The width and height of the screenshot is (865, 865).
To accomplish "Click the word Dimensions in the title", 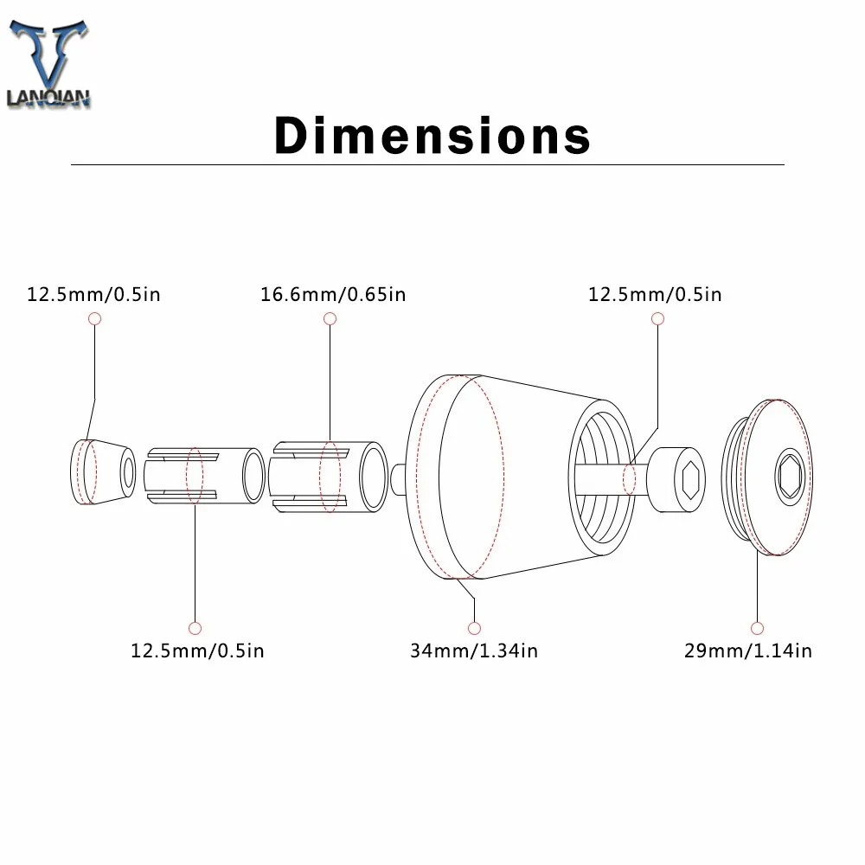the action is (432, 135).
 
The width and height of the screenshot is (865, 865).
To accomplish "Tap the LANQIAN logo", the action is (48, 63).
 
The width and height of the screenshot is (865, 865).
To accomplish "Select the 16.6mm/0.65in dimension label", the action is (333, 295).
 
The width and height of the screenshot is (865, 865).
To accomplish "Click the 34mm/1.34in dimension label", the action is (474, 651).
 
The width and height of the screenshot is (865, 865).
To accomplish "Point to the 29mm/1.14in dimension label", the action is (748, 651).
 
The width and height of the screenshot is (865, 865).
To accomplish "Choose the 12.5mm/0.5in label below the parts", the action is (197, 651).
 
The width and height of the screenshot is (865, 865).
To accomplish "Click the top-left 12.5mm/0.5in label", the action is (93, 295).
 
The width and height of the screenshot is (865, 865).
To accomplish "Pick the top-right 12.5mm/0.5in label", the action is (655, 295).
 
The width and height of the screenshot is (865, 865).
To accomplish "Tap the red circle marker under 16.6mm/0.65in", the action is (330, 318).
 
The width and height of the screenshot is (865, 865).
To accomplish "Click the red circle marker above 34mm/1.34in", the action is (474, 628).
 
